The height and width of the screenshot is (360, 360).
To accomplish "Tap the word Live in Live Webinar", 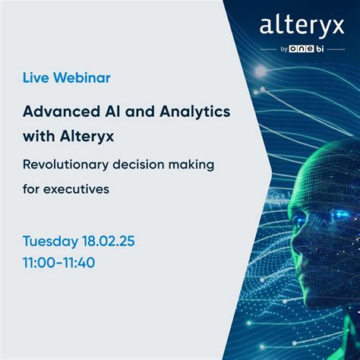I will point(37,78).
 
